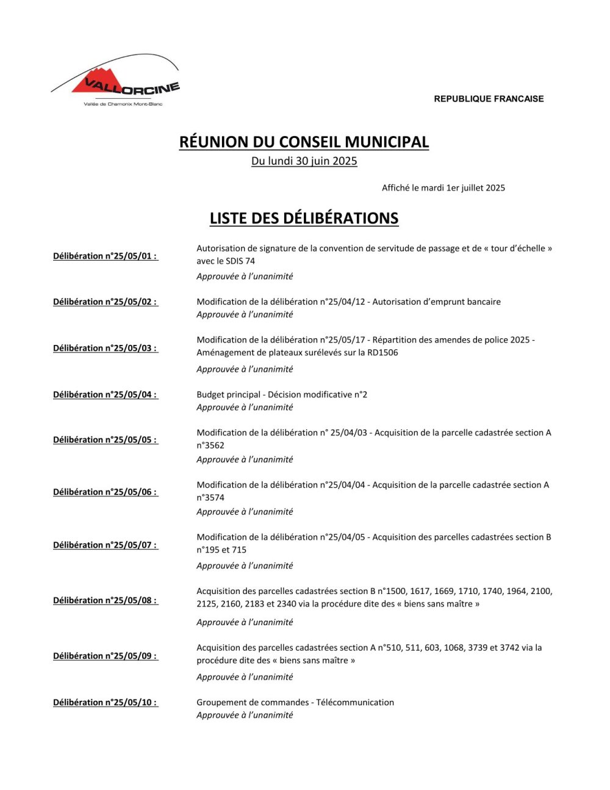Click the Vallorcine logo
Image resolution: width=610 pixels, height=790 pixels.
116,82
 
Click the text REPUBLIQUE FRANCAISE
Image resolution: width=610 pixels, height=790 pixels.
489,99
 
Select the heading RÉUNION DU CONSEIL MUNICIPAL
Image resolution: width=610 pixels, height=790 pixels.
304,142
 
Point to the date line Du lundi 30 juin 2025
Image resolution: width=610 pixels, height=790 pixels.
304,161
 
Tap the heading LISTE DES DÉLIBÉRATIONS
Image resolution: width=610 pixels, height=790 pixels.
304,218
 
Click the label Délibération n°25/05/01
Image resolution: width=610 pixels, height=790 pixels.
105,256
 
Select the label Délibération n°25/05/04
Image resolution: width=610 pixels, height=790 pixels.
105,394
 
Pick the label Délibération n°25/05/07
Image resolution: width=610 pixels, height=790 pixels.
105,545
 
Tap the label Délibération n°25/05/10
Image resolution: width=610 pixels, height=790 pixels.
105,702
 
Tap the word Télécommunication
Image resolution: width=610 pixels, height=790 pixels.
355,702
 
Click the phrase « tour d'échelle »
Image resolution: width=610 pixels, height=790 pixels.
506,248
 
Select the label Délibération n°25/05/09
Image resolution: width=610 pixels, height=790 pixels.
105,656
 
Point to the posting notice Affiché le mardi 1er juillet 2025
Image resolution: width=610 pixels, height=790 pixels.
443,188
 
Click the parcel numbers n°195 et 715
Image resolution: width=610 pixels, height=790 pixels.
221,549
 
